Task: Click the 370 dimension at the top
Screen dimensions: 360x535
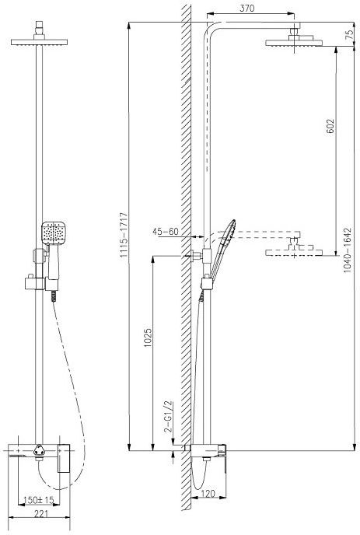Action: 246,9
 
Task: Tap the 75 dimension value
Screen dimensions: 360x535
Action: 349,35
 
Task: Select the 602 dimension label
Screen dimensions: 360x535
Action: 330,126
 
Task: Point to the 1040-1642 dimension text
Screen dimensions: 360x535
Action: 348,250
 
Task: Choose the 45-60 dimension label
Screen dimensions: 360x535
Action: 166,232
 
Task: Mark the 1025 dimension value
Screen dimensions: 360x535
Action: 148,337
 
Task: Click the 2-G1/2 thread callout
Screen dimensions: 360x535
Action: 169,417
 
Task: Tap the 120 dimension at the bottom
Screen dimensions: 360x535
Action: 208,493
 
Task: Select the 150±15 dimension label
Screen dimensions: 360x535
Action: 39,500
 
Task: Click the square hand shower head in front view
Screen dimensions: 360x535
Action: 54,233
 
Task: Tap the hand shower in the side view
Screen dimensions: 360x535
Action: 223,247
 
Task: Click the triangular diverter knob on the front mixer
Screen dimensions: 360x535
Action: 39,450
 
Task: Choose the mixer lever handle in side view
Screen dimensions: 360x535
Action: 222,458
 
